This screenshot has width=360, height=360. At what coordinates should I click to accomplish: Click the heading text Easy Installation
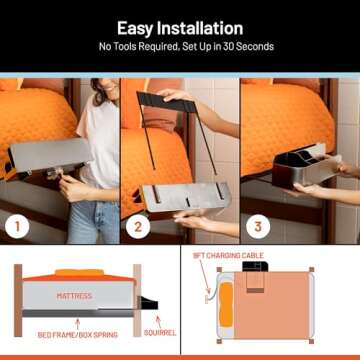pos(180,28)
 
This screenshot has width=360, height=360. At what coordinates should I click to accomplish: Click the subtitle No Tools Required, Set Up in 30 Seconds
pos(180,47)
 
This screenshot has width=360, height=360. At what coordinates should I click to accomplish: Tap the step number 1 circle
pos(16,226)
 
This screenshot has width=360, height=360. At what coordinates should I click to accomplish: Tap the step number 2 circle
pos(136,226)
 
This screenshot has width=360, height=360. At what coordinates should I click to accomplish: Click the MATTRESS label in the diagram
pos(74,296)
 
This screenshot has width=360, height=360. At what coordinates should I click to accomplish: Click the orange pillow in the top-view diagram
pos(227,308)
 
